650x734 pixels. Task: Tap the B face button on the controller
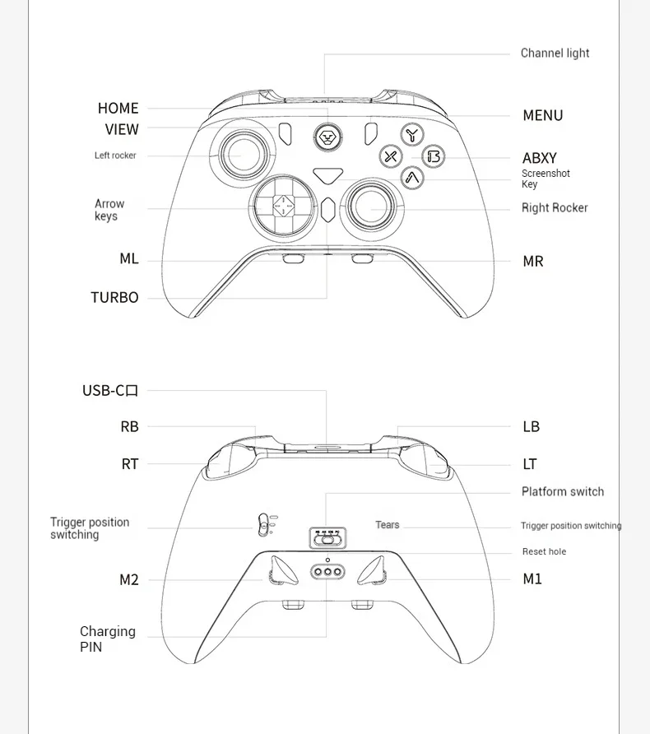[x=434, y=156]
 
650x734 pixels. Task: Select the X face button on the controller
[x=391, y=156]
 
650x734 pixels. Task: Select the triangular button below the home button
[x=327, y=174]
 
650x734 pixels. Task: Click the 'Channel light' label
[x=555, y=53]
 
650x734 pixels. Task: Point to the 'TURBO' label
[x=114, y=298]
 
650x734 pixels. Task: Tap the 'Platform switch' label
[x=562, y=492]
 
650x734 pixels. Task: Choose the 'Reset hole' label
[x=544, y=552]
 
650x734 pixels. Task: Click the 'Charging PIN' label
[x=107, y=639]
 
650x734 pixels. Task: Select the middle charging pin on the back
[x=327, y=571]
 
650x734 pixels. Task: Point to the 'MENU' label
[x=543, y=116]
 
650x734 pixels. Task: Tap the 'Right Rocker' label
[x=555, y=208]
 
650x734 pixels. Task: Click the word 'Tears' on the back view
[x=387, y=525]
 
